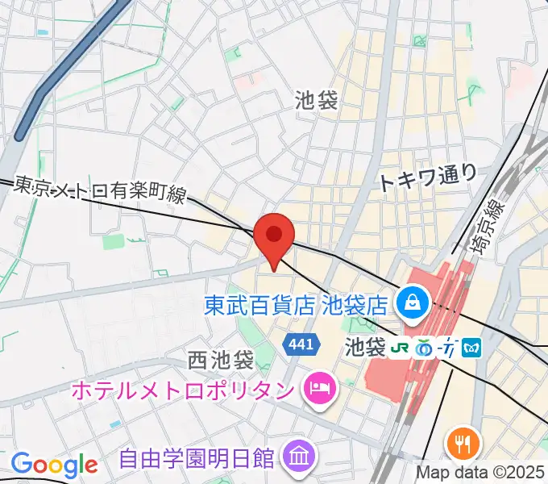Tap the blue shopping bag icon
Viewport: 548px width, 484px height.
click(412, 304)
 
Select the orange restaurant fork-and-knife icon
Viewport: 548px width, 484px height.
click(462, 443)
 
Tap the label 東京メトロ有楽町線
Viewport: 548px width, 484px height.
click(100, 191)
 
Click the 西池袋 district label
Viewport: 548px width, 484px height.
click(220, 358)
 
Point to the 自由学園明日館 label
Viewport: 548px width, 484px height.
click(196, 459)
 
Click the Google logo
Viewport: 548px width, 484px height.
click(54, 465)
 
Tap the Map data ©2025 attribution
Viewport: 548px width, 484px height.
click(481, 472)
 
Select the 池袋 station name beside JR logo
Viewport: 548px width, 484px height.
click(365, 348)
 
